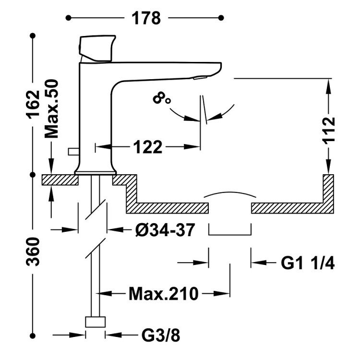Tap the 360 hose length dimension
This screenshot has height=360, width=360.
(33, 252)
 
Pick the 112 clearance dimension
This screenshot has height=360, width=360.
(328, 130)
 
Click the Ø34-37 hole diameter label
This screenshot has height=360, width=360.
(165, 230)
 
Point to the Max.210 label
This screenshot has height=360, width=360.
(163, 293)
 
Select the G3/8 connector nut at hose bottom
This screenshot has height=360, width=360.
(96, 322)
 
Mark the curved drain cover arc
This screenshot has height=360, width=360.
(229, 194)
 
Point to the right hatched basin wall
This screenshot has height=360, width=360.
(328, 192)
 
